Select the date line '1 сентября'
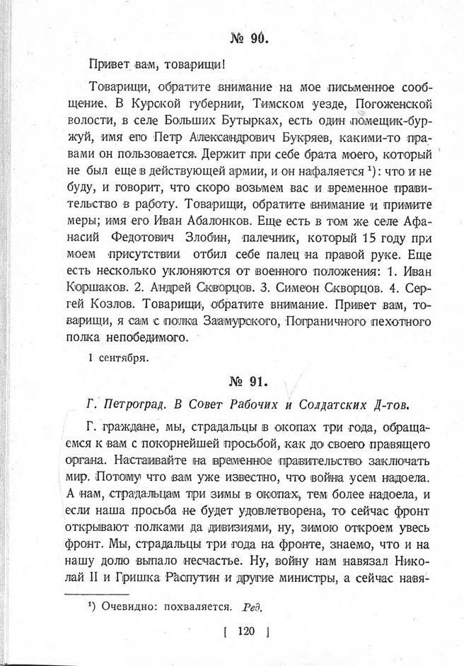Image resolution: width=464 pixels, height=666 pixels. click(118, 358)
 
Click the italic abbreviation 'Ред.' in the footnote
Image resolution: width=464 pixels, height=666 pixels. click(253, 606)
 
